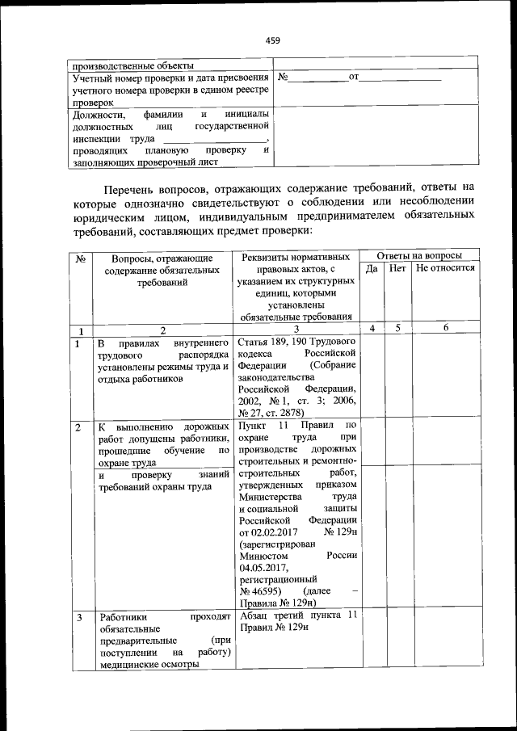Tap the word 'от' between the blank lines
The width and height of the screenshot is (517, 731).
coord(352,78)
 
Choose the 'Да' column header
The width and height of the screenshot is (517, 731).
coord(372,268)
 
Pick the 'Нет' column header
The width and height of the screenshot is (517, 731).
coord(397,268)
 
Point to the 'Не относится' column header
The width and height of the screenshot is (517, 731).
coord(445,268)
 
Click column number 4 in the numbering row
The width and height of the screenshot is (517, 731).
coord(372,329)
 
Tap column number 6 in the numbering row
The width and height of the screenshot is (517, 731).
coord(445,329)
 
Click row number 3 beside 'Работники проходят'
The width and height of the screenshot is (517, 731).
coord(79,618)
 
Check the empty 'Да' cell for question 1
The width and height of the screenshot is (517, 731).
coord(372,376)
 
